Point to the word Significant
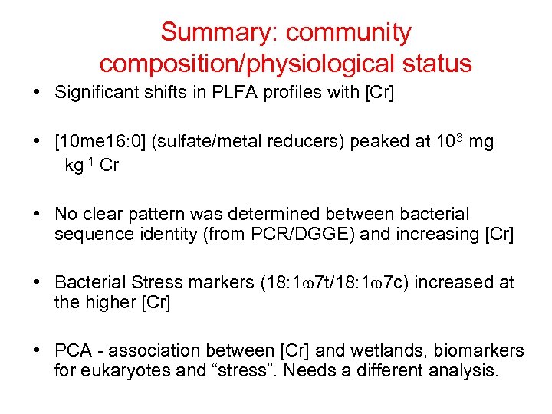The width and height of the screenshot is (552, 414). (94, 93)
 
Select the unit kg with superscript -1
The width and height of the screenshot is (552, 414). (80, 164)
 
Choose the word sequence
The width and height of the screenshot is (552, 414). (89, 235)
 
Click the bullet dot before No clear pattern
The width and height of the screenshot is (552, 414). (36, 215)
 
